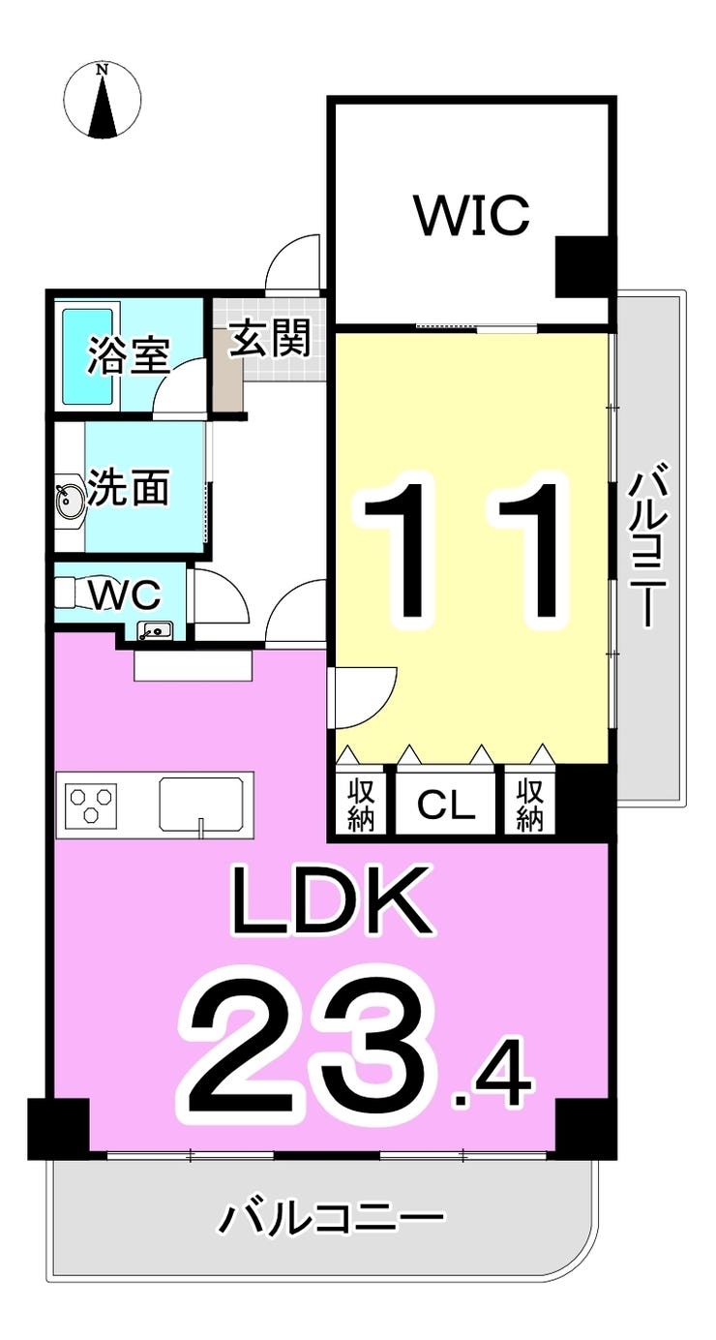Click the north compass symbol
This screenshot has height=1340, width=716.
[102, 100]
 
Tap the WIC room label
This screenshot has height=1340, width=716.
[472, 215]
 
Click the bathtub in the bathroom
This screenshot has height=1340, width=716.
[90, 355]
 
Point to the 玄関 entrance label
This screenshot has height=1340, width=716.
[270, 340]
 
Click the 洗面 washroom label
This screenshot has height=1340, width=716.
[128, 489]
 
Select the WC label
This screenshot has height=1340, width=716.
[125, 593]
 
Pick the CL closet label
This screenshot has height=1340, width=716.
[446, 804]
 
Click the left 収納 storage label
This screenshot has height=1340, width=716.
[362, 803]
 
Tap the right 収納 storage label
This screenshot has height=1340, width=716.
[529, 803]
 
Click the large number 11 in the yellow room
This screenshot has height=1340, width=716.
[461, 549]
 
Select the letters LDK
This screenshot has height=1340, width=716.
[329, 902]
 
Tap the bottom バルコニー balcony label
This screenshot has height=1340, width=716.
[330, 1217]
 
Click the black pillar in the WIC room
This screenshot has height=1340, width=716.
[582, 266]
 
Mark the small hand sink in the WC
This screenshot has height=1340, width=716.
[154, 631]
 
